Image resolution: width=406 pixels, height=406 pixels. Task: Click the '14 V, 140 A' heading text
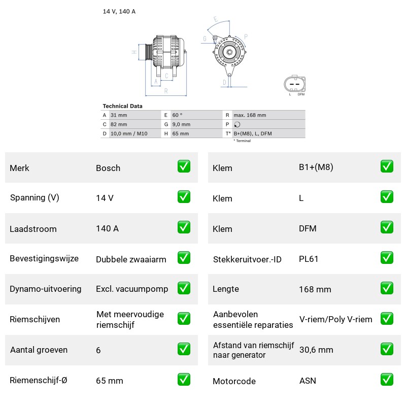119,11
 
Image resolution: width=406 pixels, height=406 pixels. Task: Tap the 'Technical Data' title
122,106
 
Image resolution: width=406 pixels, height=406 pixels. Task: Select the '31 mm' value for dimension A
119,115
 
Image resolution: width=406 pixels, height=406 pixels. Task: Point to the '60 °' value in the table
177,115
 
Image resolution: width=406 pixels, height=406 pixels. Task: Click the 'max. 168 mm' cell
250,115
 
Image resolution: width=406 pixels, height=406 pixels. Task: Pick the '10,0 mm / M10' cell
129,133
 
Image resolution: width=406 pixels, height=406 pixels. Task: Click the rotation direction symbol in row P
237,124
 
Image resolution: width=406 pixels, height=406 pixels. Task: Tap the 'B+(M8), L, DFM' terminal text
253,133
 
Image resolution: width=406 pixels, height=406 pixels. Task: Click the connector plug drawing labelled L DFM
295,84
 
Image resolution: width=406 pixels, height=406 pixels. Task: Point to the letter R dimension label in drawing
166,91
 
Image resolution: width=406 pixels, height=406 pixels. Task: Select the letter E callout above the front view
216,19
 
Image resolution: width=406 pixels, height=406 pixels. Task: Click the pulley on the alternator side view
149,52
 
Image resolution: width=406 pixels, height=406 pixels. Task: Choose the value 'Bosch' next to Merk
108,168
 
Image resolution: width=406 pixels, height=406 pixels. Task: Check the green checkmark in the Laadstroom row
184,227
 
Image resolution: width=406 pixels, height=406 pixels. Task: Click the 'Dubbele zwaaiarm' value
131,259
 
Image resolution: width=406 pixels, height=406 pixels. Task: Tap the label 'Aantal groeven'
39,350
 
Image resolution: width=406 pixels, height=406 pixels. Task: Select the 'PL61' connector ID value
309,259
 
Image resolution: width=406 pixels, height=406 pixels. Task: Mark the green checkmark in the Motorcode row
387,379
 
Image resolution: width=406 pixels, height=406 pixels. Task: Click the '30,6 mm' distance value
316,350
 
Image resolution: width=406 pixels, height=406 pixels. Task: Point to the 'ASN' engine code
308,381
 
